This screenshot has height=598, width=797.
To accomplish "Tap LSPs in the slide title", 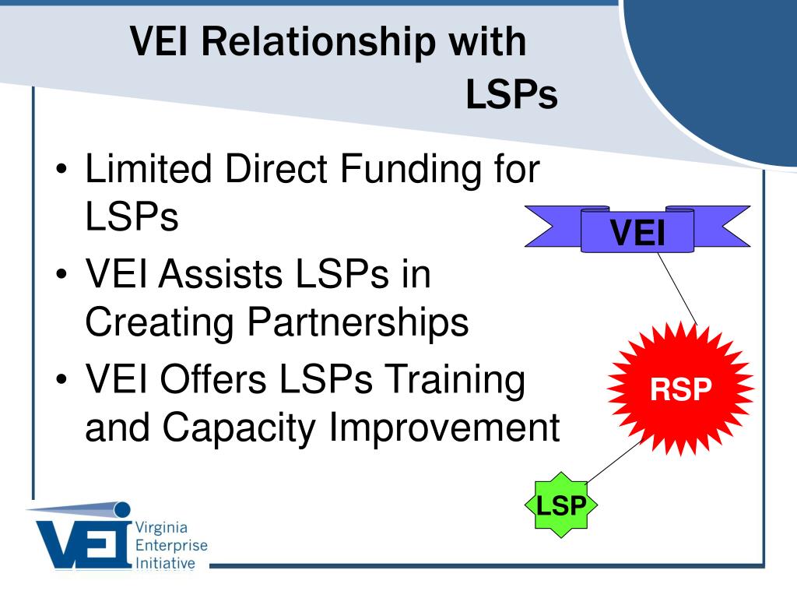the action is pyautogui.click(x=512, y=94).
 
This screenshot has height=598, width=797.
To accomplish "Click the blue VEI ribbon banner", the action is pyautogui.click(x=637, y=229).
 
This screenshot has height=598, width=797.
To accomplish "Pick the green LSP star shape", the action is pyautogui.click(x=560, y=505).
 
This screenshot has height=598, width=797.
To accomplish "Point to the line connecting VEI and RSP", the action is pyautogui.click(x=678, y=288).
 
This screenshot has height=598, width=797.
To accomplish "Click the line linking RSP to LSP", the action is pyautogui.click(x=613, y=461).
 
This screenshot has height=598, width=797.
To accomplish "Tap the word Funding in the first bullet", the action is pyautogui.click(x=409, y=168).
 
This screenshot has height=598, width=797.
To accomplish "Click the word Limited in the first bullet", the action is pyautogui.click(x=149, y=168).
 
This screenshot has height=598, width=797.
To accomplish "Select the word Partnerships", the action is pyautogui.click(x=358, y=322).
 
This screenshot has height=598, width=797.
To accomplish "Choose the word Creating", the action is pyautogui.click(x=160, y=322).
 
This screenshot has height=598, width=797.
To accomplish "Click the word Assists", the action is pyautogui.click(x=220, y=273).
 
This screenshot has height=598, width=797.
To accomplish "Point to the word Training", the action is pyautogui.click(x=455, y=379).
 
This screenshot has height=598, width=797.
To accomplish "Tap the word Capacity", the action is pyautogui.click(x=240, y=427).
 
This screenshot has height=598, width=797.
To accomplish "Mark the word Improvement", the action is pyautogui.click(x=444, y=427).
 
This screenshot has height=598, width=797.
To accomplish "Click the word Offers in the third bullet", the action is pyautogui.click(x=213, y=379).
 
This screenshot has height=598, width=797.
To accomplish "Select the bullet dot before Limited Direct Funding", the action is pyautogui.click(x=61, y=168).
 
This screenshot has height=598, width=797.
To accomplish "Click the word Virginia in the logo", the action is pyautogui.click(x=161, y=528).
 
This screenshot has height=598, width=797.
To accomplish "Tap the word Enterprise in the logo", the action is pyautogui.click(x=171, y=546).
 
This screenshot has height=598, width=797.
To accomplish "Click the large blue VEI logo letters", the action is pyautogui.click(x=83, y=543).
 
